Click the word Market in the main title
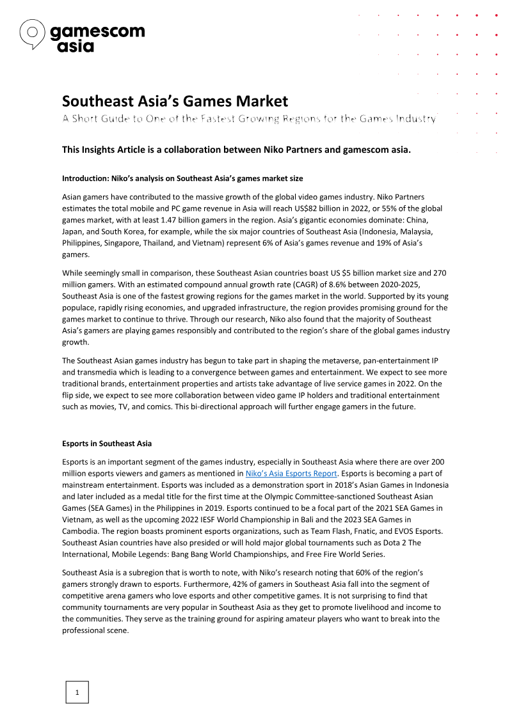coord(261,101)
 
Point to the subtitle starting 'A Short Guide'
coord(249,119)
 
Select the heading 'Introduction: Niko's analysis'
coord(182,178)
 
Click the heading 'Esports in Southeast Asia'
coord(107,444)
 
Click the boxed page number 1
coord(77,692)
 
